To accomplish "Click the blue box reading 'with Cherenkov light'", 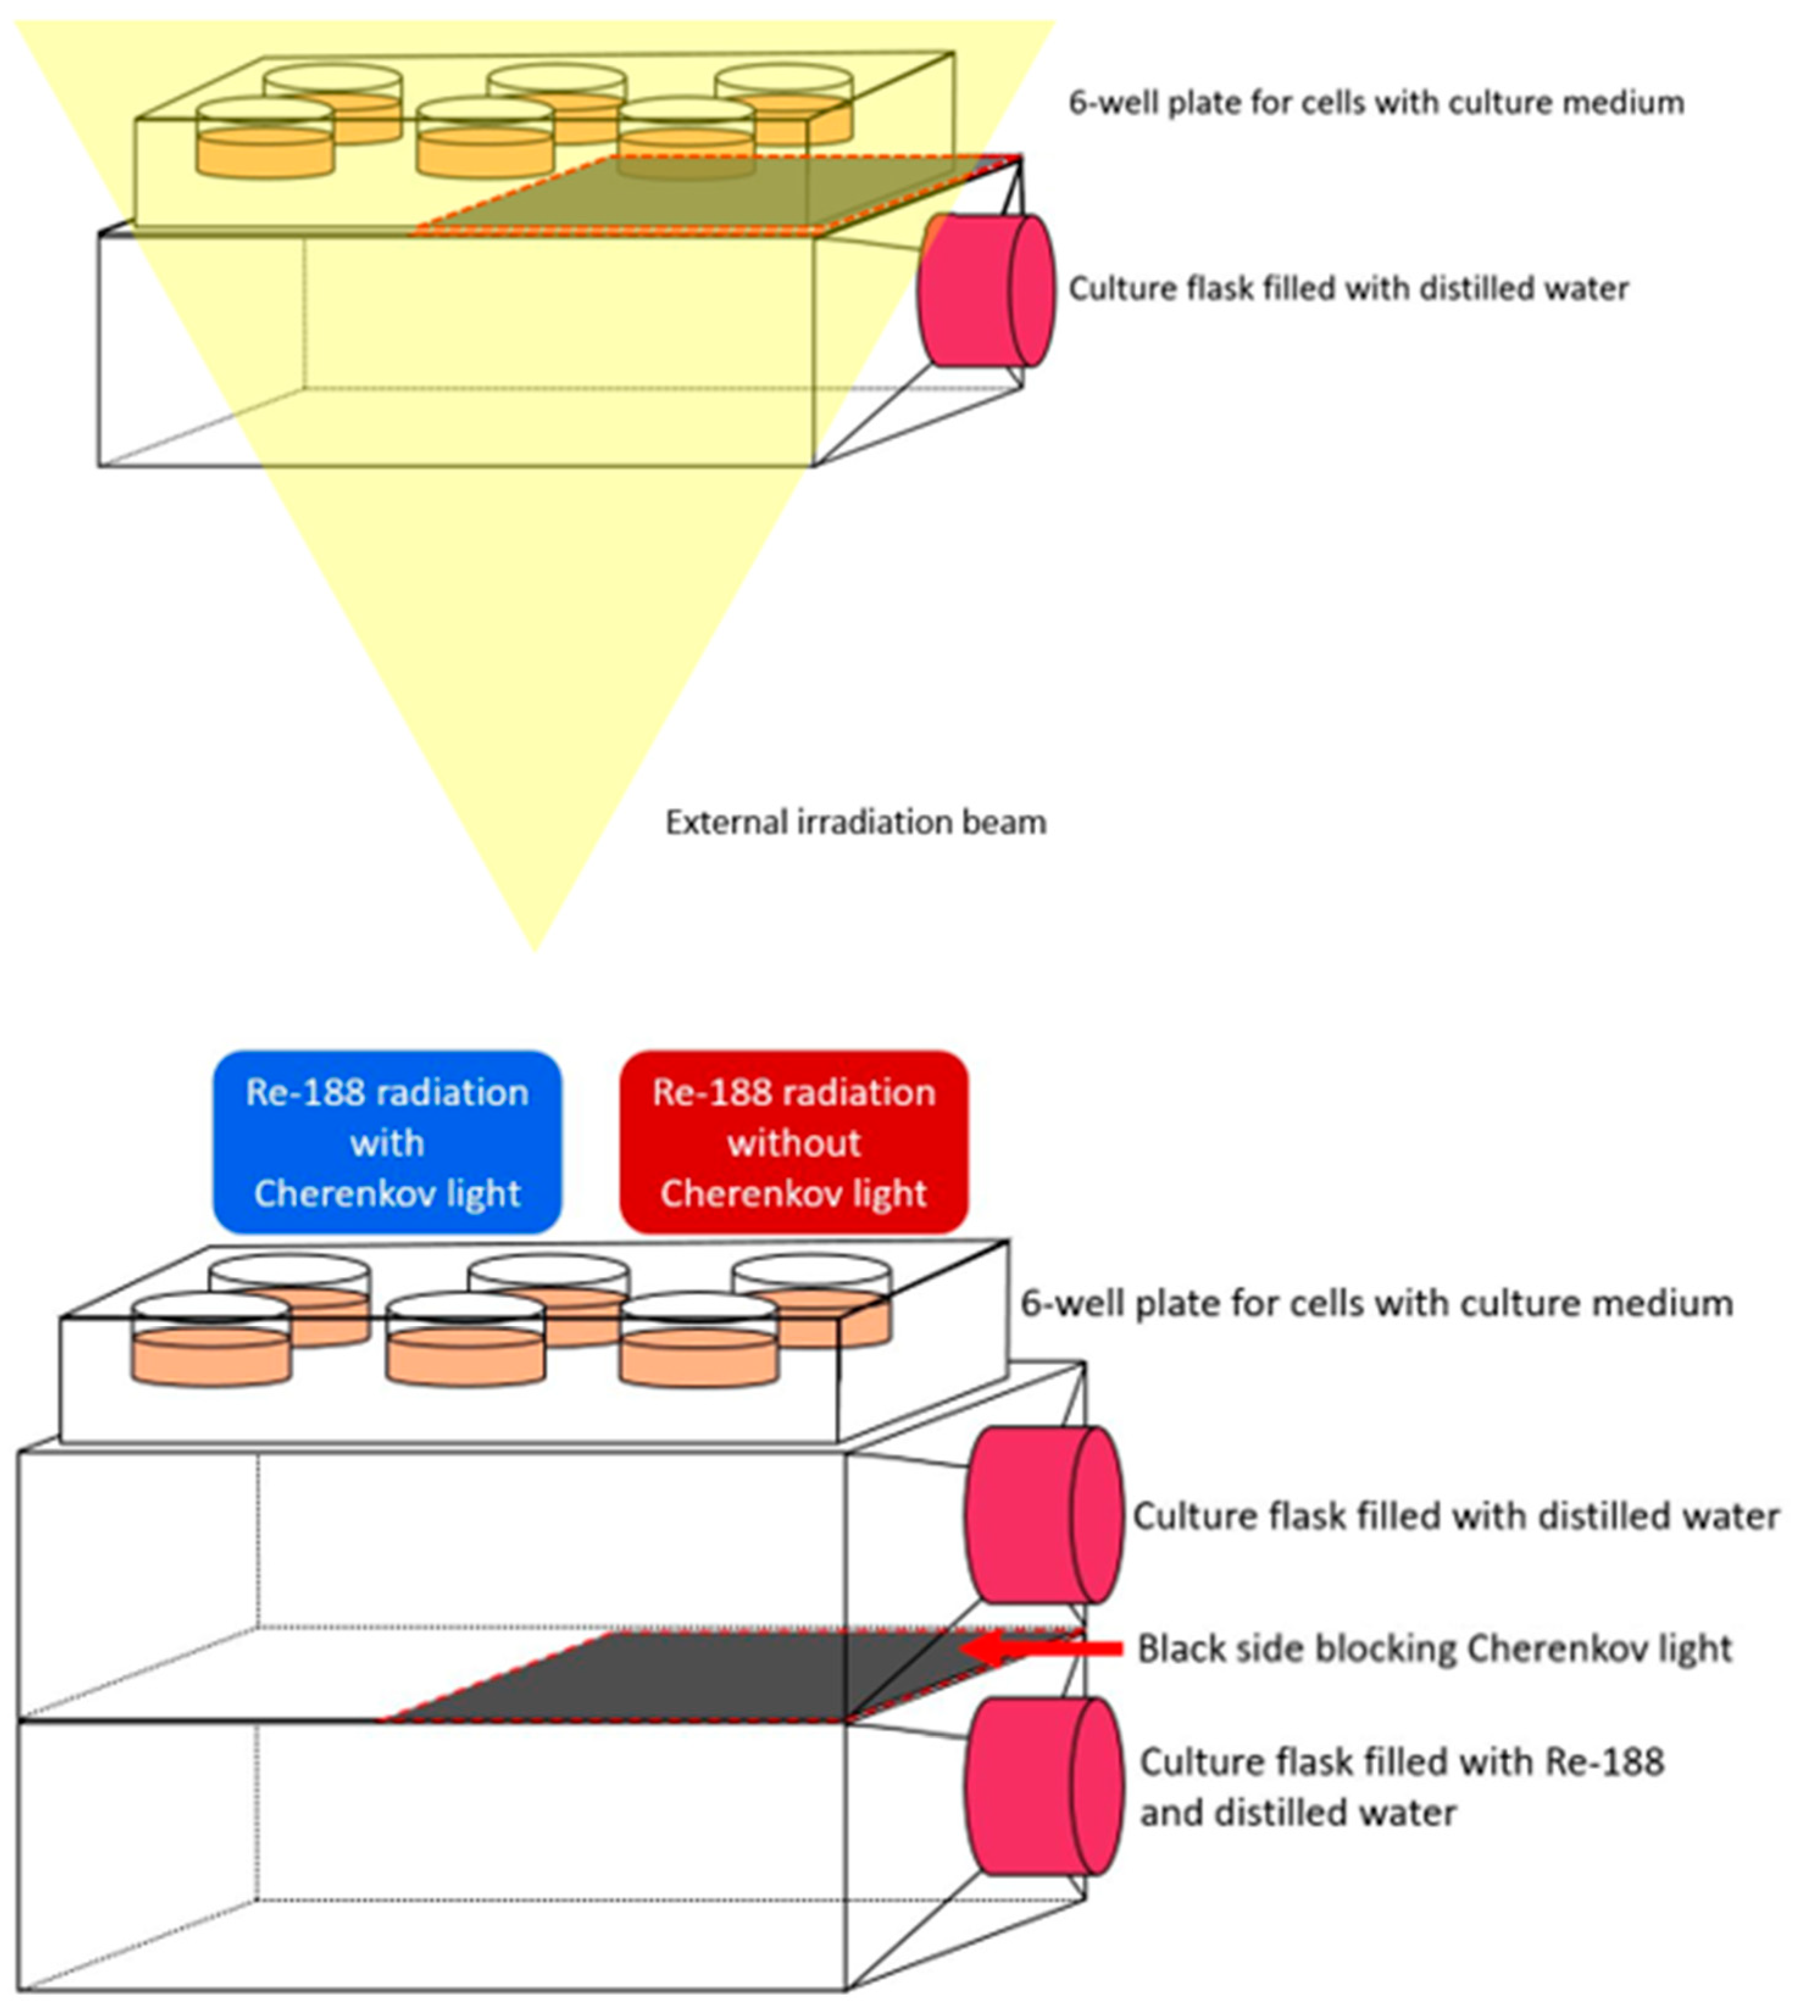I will (x=387, y=1142).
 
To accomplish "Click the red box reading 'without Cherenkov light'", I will (x=793, y=1142).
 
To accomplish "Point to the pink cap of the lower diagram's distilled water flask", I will (x=1043, y=1515).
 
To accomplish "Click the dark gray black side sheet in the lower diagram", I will (x=690, y=1677).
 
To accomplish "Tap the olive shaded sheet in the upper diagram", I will (x=710, y=198).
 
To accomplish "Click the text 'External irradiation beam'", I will (x=855, y=822).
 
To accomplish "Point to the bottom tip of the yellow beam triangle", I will (x=535, y=947).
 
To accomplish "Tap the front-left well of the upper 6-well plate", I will (x=265, y=143).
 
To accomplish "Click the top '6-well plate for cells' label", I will (x=1376, y=102).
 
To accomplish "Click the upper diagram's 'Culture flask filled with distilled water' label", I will (x=1348, y=289).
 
